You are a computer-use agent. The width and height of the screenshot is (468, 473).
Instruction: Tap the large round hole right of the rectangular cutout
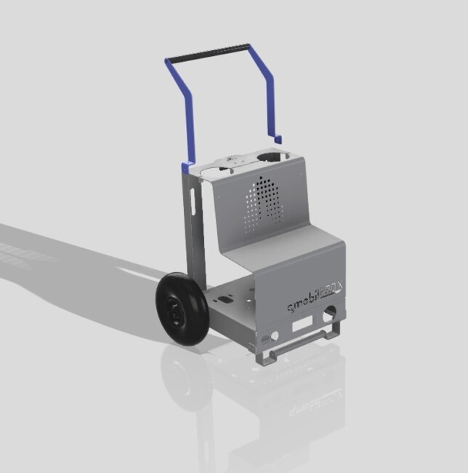click(x=331, y=314)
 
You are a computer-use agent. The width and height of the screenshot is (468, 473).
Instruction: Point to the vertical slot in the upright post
click(x=193, y=201)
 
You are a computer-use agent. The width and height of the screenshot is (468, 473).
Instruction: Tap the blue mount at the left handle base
click(x=188, y=166)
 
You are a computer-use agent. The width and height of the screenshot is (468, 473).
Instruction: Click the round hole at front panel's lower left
click(x=274, y=336)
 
